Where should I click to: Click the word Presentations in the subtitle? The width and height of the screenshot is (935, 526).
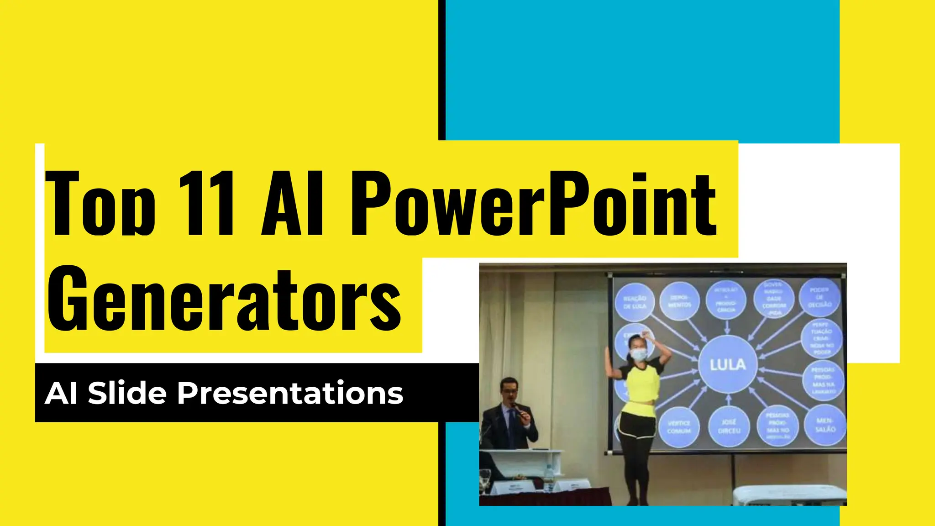290,393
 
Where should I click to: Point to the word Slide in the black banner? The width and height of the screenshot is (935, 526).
127,393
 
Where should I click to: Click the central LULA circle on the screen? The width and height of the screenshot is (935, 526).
728,364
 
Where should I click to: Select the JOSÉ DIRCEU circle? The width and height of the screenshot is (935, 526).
729,426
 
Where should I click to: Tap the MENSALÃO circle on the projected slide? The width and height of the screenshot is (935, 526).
825,425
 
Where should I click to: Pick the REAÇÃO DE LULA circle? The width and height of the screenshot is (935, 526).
635,302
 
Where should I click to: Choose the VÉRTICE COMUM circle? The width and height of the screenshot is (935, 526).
679,427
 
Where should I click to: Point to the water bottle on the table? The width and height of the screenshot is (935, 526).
548,477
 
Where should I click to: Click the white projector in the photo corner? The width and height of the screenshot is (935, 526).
790,495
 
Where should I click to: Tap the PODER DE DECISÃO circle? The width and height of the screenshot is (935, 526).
820,297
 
